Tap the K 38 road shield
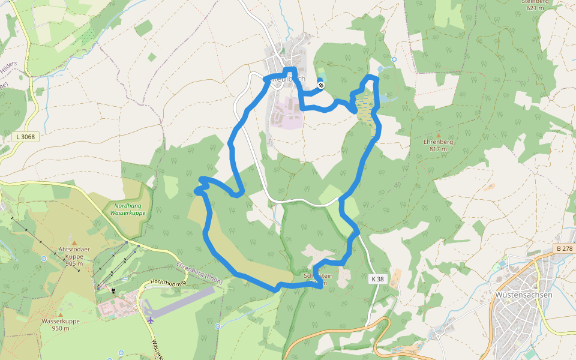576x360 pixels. [376, 279]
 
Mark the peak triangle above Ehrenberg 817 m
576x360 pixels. [438, 136]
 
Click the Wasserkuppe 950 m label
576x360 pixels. [61, 325]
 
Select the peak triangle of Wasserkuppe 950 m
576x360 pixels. [60, 314]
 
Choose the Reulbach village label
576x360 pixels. [289, 79]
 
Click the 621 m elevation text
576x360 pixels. [535, 8]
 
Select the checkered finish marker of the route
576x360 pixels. [321, 85]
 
